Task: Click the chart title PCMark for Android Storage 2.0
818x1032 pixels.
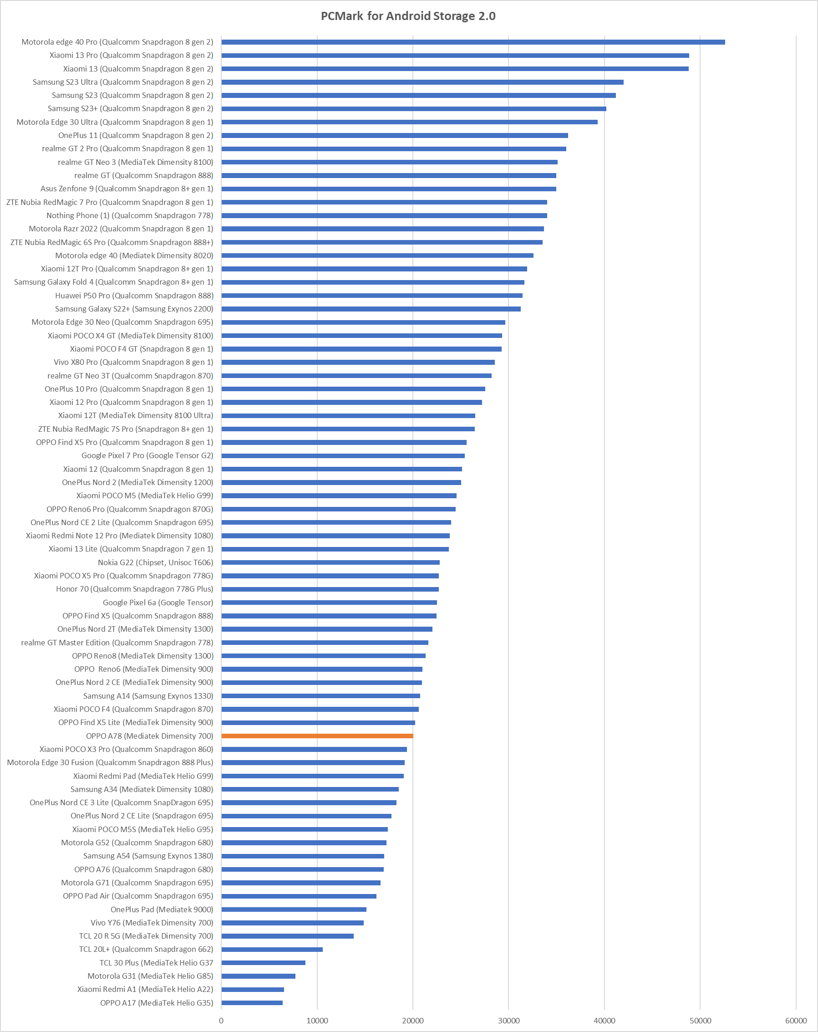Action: pos(408,16)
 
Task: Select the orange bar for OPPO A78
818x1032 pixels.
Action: pos(317,736)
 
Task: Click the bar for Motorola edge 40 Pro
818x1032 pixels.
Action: pos(473,42)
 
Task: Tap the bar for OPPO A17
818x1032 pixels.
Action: pos(252,1003)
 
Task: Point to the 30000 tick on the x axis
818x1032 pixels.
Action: pos(508,1021)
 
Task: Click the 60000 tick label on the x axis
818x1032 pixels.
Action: pos(796,1021)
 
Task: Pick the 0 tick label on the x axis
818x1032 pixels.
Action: pos(221,1021)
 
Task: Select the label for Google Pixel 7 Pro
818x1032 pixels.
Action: pos(147,456)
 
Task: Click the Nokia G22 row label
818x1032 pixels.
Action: pos(156,562)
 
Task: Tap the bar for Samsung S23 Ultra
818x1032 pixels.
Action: pos(422,82)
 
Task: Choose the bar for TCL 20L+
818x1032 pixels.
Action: pos(272,949)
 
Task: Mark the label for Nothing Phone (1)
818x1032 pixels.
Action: pos(130,215)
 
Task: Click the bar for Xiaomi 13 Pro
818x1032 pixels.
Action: pos(454,56)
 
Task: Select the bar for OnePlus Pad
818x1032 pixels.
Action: pos(294,909)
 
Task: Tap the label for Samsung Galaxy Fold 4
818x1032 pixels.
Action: pos(113,282)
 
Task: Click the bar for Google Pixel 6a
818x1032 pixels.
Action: pos(329,603)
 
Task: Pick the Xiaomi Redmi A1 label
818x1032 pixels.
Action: pos(145,989)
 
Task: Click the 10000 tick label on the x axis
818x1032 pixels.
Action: pos(317,1021)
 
